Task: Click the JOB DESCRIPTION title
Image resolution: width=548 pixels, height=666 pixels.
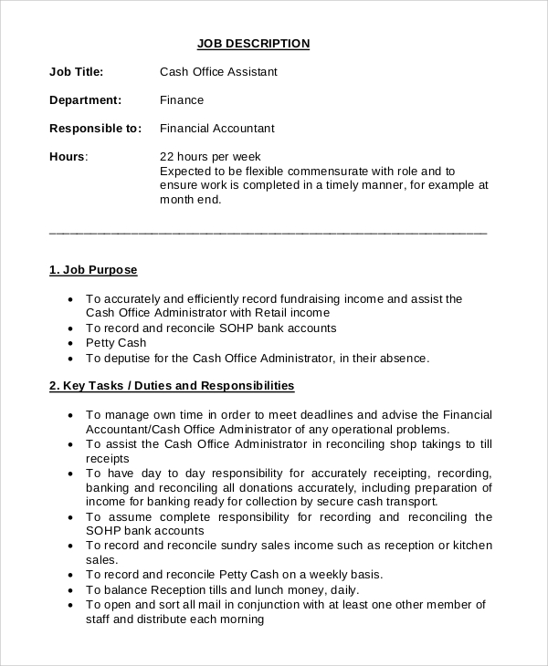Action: click(254, 44)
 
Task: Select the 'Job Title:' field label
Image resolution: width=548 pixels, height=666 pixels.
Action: click(76, 72)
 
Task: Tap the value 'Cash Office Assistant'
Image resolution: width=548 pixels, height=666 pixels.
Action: click(218, 72)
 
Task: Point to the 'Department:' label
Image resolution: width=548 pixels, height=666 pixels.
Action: click(85, 100)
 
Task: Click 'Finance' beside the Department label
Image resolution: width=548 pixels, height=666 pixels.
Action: click(182, 100)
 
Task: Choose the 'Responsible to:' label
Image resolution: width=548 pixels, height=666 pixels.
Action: click(95, 129)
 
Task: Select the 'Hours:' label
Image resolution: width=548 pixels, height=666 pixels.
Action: click(68, 157)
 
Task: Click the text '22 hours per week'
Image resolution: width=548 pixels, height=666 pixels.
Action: click(210, 157)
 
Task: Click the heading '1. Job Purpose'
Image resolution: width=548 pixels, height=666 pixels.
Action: click(92, 270)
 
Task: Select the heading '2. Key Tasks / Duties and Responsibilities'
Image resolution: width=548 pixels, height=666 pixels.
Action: click(172, 386)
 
